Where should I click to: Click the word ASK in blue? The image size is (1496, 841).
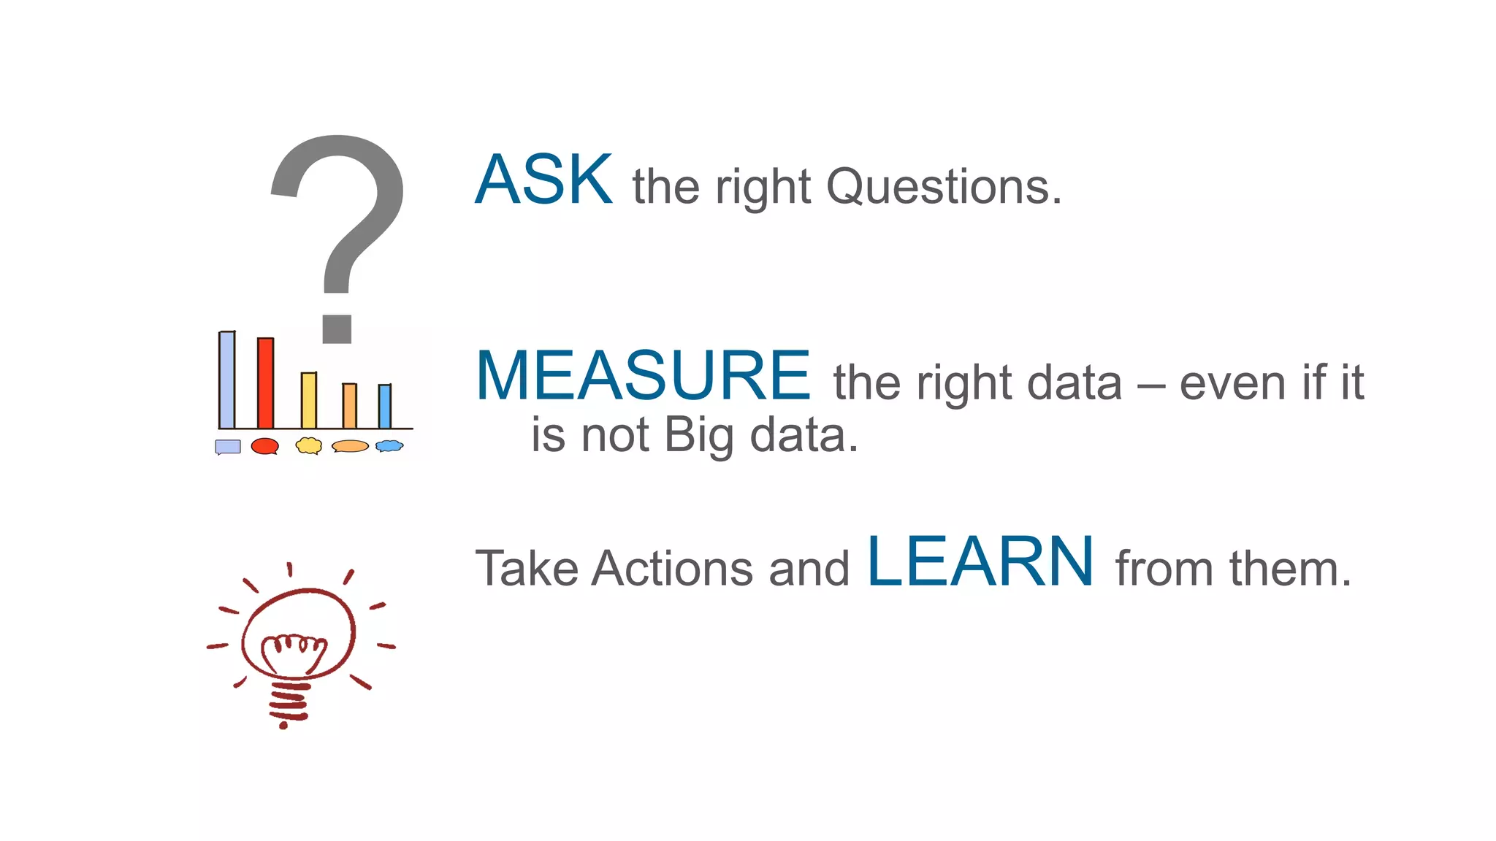point(543,180)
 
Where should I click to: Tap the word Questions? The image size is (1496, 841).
point(944,187)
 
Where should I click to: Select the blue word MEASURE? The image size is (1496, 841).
point(643,376)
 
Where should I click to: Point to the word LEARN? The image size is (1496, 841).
point(980,561)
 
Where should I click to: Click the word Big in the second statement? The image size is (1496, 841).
point(699,436)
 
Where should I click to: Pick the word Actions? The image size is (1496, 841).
point(672,569)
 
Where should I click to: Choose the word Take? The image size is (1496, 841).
point(527,569)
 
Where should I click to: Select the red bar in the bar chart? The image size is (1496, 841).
point(265,383)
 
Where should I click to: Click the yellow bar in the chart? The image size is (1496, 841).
point(309,400)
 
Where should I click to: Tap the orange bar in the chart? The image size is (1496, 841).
point(350,406)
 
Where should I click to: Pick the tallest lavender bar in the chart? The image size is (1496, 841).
point(227,380)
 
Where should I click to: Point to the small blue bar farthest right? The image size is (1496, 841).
point(385,407)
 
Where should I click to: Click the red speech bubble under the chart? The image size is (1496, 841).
point(264,446)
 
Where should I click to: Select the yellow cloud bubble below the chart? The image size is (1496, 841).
point(309,445)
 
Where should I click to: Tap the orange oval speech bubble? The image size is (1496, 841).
point(350,446)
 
